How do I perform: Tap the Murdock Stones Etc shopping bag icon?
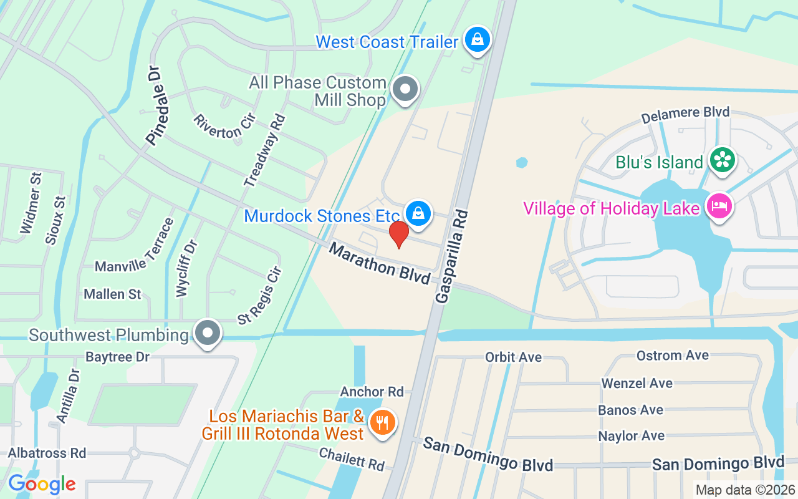[x=418, y=213]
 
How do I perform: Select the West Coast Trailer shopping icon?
[x=477, y=39]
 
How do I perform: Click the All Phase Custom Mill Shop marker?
[x=406, y=89]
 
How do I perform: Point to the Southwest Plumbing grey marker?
[x=207, y=333]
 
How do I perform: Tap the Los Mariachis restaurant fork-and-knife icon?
[x=382, y=423]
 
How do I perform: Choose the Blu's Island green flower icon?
[x=722, y=160]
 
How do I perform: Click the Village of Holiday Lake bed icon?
[x=719, y=205]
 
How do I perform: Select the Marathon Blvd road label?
[x=380, y=263]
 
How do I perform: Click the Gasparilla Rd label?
[x=451, y=256]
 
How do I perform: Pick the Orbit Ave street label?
[x=513, y=357]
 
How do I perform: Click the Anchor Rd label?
[x=372, y=392]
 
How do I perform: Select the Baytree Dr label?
[x=118, y=357]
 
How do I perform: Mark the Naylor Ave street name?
[x=631, y=436]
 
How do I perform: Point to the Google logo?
[x=42, y=484]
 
